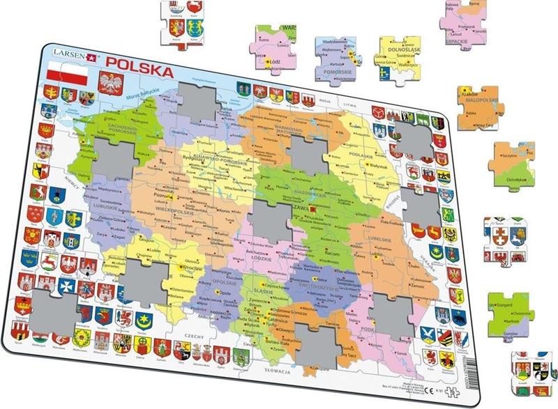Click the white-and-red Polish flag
pos(66,77)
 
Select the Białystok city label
pos(361,168)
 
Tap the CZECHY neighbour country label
pos(194,336)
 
